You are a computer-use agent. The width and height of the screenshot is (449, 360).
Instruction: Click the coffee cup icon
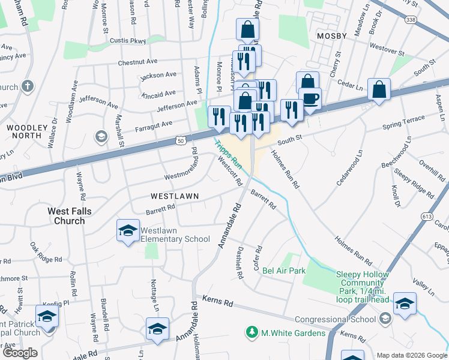310,98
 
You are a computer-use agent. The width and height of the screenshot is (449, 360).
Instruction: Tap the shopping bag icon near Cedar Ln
379,90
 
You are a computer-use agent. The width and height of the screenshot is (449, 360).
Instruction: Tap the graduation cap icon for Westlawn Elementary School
128,231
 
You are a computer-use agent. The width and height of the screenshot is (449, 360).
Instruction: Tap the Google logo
20,353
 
